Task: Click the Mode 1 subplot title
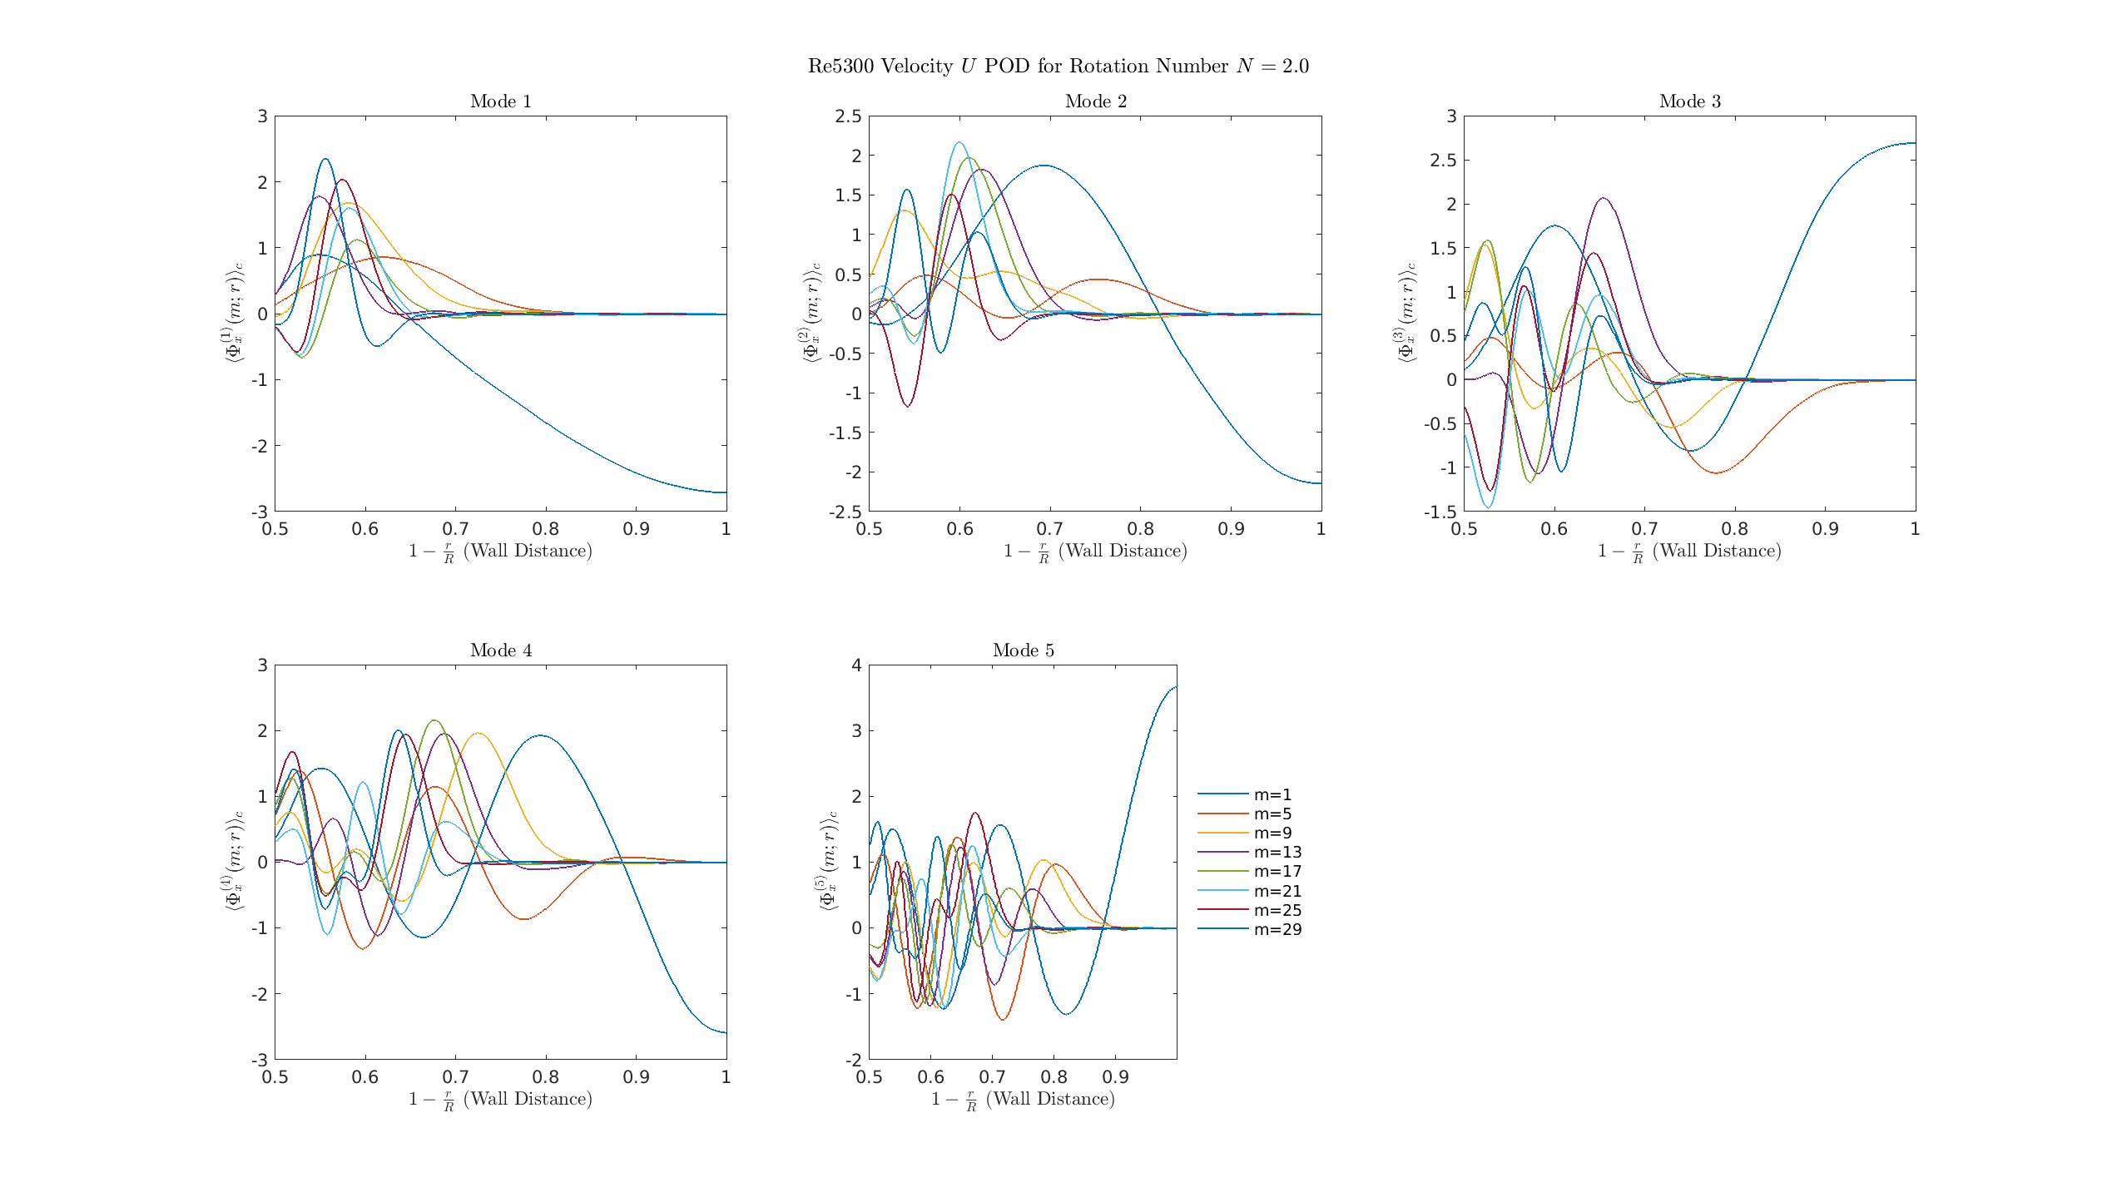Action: (500, 101)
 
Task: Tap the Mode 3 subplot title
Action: (1689, 101)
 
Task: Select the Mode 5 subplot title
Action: (1023, 650)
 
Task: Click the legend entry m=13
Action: (1277, 853)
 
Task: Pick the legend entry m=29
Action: (1277, 930)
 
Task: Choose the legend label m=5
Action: (1272, 814)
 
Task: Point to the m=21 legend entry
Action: (1277, 892)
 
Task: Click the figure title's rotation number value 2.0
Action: (1295, 67)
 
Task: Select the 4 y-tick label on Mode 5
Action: (857, 665)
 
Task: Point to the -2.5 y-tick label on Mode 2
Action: (845, 512)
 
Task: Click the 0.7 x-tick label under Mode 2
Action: (1050, 529)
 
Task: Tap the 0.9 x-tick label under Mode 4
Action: (636, 1077)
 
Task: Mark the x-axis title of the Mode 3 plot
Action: (1689, 551)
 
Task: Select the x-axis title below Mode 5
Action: (1023, 1100)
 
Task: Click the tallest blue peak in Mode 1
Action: (325, 159)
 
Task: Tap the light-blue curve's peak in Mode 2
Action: (959, 142)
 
